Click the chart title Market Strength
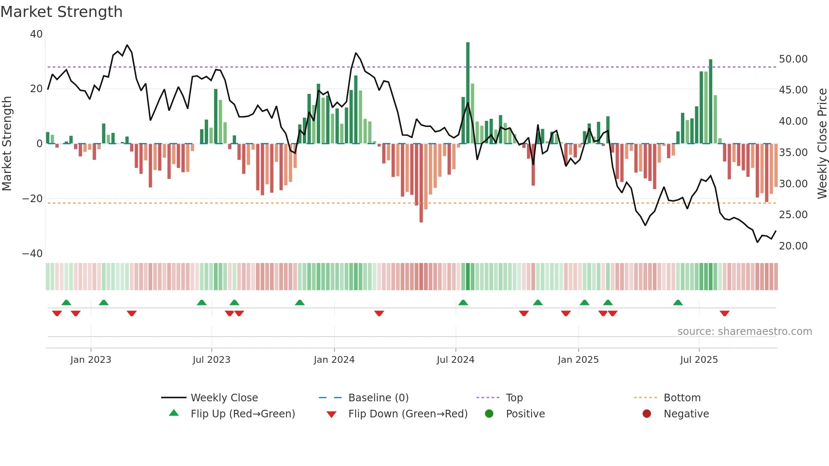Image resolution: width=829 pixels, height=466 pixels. click(61, 12)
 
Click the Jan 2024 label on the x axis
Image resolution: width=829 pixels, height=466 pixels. click(334, 360)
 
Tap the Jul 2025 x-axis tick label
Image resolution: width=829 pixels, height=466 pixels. click(699, 360)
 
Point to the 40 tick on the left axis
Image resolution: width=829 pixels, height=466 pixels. click(36, 34)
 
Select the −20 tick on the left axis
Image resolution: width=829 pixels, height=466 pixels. click(33, 199)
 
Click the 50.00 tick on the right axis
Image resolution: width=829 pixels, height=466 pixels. click(793, 59)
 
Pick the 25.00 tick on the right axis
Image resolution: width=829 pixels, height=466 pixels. click(793, 215)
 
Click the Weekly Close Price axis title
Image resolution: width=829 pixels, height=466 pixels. click(822, 144)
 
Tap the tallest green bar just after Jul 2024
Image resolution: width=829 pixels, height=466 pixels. click(468, 93)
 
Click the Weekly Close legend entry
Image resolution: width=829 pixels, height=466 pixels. click(224, 398)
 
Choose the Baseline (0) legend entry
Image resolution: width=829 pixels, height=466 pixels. click(378, 398)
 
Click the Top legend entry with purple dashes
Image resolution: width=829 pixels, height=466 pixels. click(514, 398)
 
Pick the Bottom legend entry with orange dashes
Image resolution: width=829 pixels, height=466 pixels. click(682, 398)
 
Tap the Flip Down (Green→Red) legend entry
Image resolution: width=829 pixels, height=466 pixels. click(407, 414)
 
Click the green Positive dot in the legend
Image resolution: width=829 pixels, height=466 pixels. click(489, 414)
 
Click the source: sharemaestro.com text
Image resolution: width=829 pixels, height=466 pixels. click(744, 332)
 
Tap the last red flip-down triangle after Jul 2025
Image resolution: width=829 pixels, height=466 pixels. click(725, 313)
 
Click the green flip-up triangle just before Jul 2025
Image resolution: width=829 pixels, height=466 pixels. click(678, 303)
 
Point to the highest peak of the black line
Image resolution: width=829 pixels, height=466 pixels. click(127, 45)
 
